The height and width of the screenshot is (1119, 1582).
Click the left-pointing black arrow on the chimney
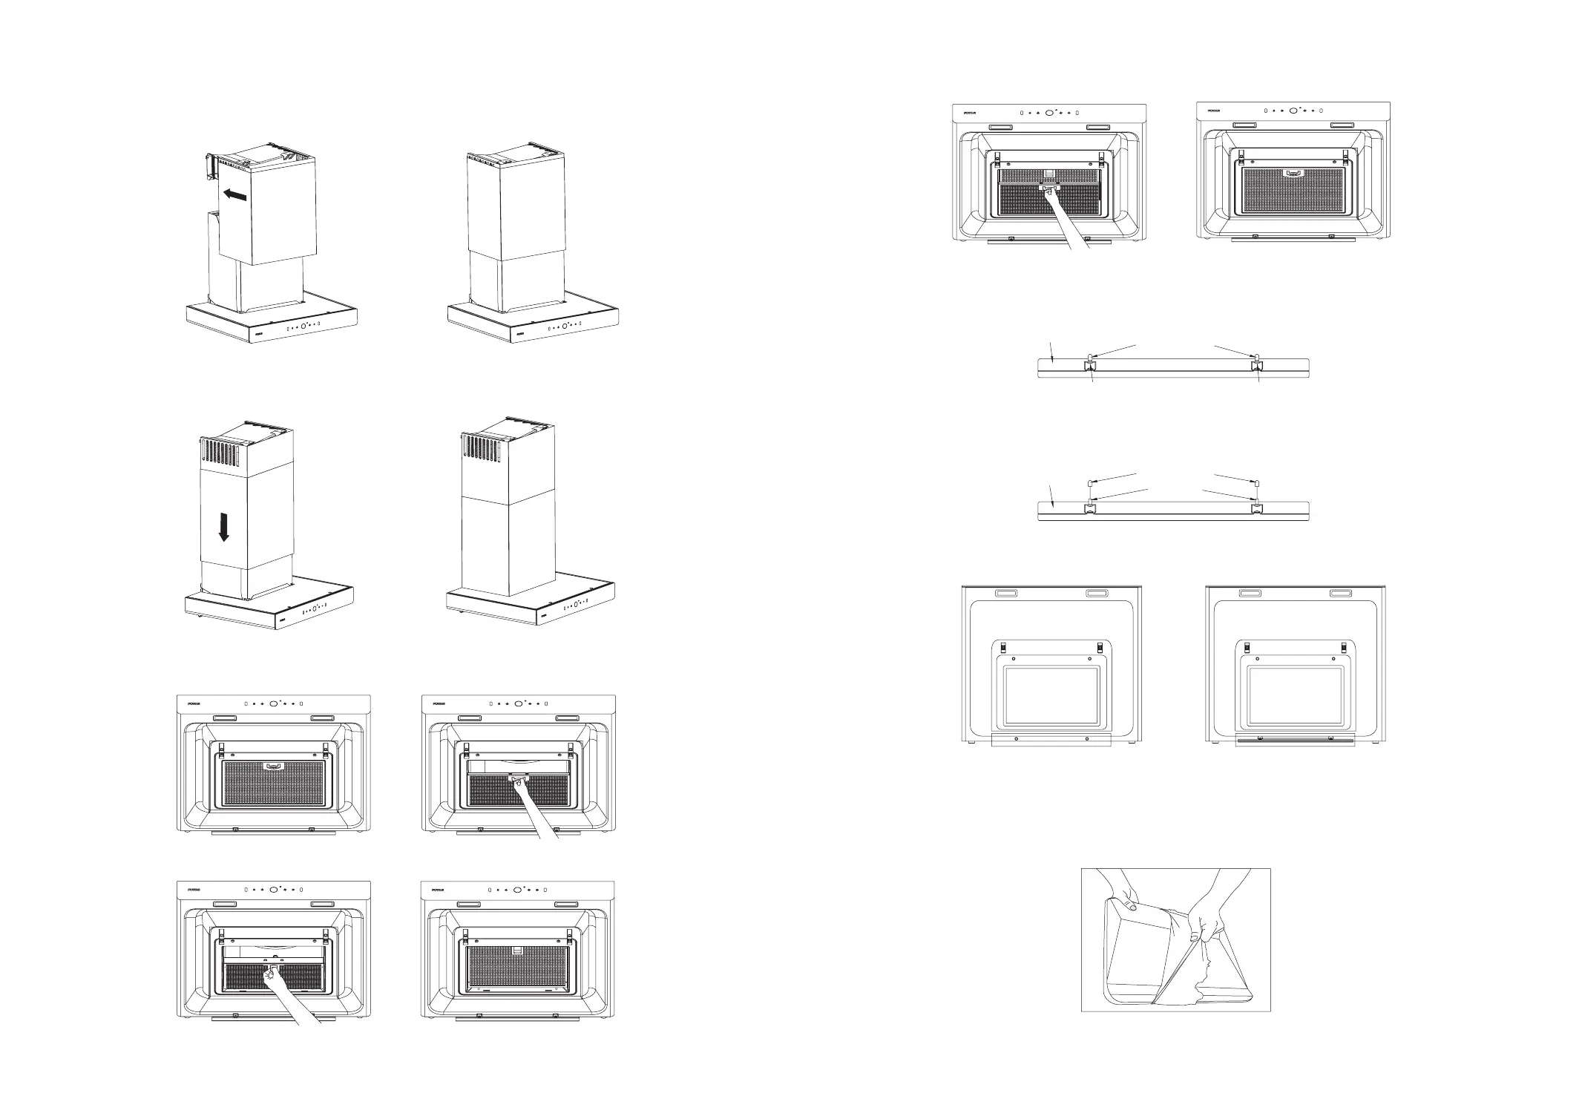pyautogui.click(x=234, y=195)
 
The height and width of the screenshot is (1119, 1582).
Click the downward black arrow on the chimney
pyautogui.click(x=224, y=528)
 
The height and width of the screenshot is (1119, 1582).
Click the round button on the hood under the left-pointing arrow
pyautogui.click(x=303, y=326)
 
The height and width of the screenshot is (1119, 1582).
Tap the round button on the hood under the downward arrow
pyautogui.click(x=315, y=608)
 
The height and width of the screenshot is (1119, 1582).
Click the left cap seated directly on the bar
pyautogui.click(x=1090, y=358)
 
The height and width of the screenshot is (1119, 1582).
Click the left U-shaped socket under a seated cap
pyautogui.click(x=1090, y=367)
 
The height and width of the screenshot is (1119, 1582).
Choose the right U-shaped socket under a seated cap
pyautogui.click(x=1256, y=367)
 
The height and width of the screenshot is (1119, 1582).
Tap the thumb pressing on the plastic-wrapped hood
pyautogui.click(x=1132, y=906)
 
